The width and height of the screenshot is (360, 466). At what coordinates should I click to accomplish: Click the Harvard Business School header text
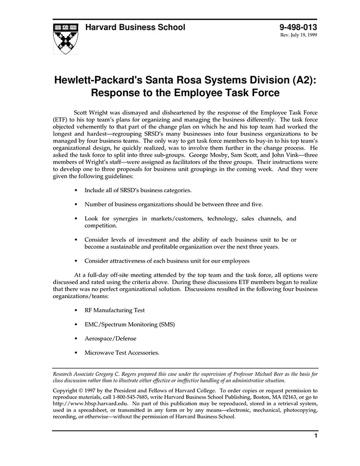135,27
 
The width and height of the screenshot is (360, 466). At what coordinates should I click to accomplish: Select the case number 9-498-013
298,27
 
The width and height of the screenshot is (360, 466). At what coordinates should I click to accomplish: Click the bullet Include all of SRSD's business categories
138,190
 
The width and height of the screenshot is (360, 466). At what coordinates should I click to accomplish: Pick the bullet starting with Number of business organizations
173,204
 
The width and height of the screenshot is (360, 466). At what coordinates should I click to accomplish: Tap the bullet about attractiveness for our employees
167,261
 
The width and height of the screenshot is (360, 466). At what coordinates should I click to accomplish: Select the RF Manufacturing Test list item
115,310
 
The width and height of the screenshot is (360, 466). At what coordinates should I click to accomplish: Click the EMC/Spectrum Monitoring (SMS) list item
130,325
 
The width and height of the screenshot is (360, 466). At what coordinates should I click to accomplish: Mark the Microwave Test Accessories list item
122,353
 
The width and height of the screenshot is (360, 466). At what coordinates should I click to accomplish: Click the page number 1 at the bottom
315,436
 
